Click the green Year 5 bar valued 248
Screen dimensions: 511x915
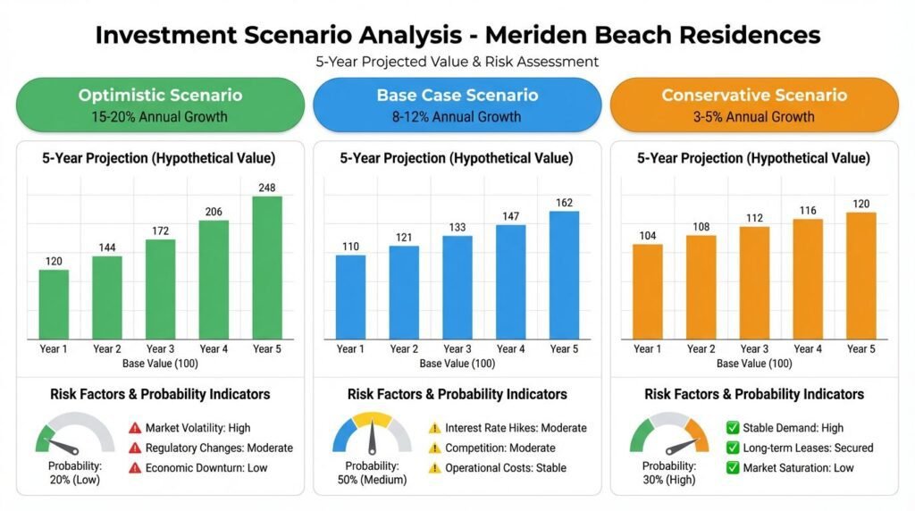click(x=266, y=266)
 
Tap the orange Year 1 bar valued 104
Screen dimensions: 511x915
click(x=648, y=290)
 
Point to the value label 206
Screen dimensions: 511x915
click(x=213, y=212)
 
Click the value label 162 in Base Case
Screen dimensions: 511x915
click(x=564, y=203)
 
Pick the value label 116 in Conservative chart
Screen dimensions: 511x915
click(x=808, y=211)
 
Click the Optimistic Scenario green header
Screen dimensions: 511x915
click(x=160, y=105)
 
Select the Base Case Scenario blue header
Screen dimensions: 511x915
click(x=457, y=105)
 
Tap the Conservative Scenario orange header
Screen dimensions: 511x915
click(x=754, y=105)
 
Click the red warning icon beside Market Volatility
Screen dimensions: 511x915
click(x=136, y=428)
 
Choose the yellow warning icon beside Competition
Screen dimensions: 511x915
click(x=435, y=448)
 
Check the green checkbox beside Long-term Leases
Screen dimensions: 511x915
click(x=732, y=448)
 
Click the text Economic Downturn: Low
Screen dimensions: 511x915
click(x=206, y=467)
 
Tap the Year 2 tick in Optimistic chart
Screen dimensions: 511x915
click(x=106, y=348)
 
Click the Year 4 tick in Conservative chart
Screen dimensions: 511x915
click(x=808, y=348)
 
